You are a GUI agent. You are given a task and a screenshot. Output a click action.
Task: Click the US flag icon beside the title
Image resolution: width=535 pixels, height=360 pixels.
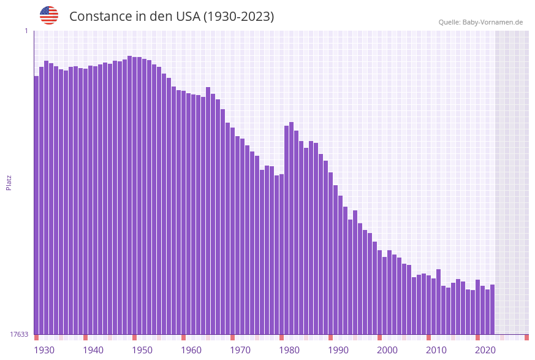49,15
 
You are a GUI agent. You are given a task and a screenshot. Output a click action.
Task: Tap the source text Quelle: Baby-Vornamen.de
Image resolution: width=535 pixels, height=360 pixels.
480,22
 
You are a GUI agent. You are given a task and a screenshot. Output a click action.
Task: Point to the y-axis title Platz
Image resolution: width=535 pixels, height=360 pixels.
9,182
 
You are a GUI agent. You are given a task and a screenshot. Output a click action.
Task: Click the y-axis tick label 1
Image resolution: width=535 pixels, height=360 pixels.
26,31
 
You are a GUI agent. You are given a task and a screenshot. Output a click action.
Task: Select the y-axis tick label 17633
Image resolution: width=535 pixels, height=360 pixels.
19,334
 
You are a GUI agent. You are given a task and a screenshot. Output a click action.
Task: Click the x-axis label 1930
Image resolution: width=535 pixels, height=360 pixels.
44,350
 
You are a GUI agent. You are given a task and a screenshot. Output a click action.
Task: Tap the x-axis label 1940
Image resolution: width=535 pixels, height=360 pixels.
93,350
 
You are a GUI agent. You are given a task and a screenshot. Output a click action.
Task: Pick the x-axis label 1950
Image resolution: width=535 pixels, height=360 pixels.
142,350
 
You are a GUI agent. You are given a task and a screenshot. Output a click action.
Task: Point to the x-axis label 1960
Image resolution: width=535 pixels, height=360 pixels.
191,350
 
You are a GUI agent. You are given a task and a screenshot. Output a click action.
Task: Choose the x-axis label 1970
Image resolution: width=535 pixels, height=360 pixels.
240,350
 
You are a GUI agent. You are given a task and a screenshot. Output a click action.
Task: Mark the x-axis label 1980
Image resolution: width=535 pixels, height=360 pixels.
289,350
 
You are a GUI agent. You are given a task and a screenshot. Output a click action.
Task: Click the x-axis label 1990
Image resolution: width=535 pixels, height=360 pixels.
338,350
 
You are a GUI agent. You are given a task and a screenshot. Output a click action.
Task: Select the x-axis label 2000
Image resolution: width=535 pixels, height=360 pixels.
387,350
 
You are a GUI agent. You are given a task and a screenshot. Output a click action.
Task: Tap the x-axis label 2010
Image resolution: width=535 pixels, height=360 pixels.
436,350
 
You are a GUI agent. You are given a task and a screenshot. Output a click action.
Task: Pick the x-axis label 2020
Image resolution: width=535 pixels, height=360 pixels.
485,350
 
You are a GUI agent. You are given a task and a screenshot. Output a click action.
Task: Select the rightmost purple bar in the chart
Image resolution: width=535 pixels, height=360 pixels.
492,310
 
